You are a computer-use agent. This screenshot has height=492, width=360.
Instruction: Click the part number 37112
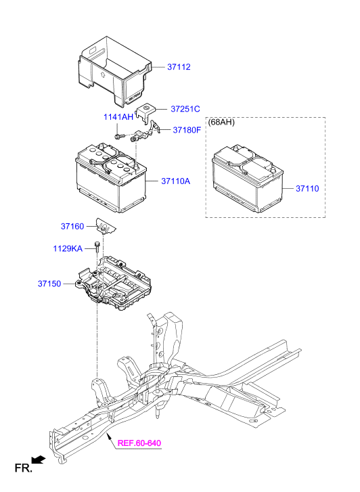pos(179,67)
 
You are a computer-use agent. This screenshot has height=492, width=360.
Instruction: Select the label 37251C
pos(185,108)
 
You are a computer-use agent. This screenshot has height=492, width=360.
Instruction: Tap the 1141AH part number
pos(118,117)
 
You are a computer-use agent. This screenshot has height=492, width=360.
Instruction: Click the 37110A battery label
pos(175,181)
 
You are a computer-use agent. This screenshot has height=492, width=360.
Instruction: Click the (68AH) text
pos(222,122)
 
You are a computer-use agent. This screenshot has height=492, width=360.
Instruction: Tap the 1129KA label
pos(68,249)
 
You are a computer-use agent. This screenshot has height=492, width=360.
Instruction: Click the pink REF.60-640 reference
pos(140,444)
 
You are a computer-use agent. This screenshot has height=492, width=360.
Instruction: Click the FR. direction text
pos(23,468)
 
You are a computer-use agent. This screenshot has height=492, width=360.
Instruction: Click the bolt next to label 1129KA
pos(98,248)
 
